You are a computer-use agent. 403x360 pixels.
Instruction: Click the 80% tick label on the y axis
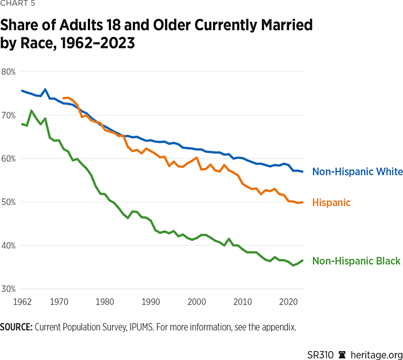click(8, 71)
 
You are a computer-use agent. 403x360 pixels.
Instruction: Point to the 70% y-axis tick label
click(8, 115)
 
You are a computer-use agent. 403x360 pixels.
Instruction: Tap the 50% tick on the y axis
click(8, 202)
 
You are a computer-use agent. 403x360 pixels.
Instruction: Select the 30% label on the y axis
click(8, 289)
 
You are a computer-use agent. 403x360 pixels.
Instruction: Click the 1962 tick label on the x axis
click(21, 302)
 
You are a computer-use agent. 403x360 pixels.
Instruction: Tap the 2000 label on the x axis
click(197, 302)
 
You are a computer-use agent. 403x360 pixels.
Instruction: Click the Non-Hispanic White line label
click(357, 172)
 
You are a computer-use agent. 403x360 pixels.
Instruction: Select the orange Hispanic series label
click(331, 203)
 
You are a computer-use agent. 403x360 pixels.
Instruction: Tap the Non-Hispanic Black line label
click(356, 261)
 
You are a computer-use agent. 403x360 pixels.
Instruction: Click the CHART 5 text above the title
click(16, 6)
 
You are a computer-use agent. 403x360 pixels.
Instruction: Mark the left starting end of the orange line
click(64, 98)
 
